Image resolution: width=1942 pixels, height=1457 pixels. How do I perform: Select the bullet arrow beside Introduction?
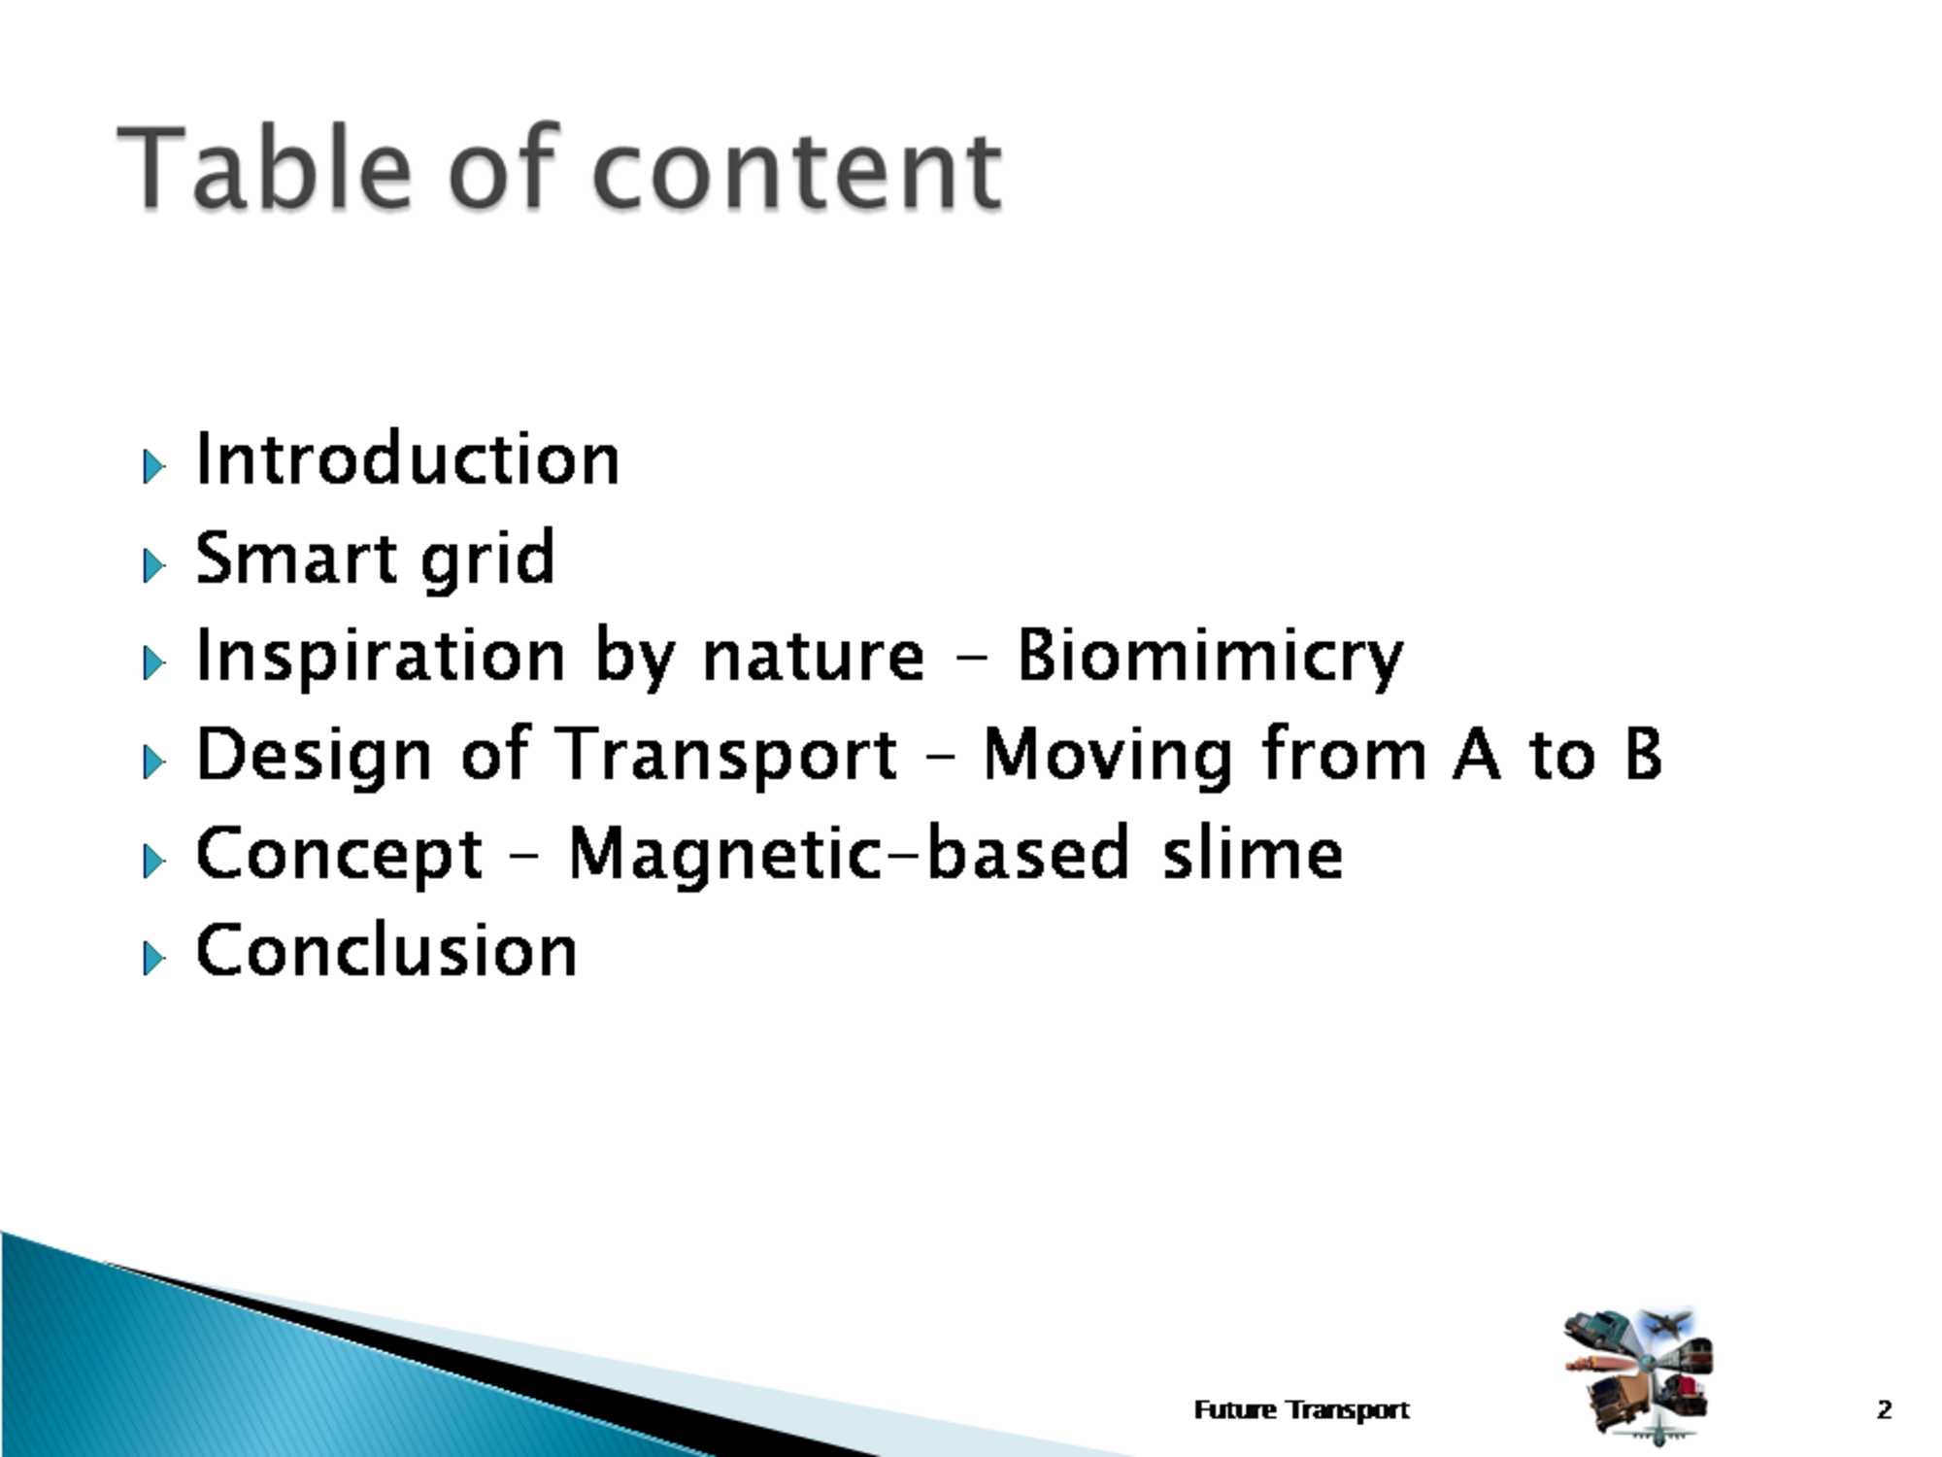(x=153, y=466)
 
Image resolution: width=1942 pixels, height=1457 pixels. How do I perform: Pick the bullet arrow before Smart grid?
(x=153, y=565)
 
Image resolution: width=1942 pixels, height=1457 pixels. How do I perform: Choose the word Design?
(x=314, y=757)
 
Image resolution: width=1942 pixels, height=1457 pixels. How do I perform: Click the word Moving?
(x=1108, y=757)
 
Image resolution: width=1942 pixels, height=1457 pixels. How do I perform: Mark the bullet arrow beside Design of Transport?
(x=153, y=762)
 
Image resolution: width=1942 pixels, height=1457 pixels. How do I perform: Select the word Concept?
(x=339, y=855)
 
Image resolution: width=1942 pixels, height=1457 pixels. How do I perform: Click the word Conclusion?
(x=386, y=949)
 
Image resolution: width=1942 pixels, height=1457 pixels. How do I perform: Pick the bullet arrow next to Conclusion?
(x=153, y=958)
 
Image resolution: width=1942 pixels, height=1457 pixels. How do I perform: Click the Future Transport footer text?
(x=1301, y=1409)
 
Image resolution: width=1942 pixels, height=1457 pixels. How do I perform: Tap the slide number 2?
(x=1885, y=1409)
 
